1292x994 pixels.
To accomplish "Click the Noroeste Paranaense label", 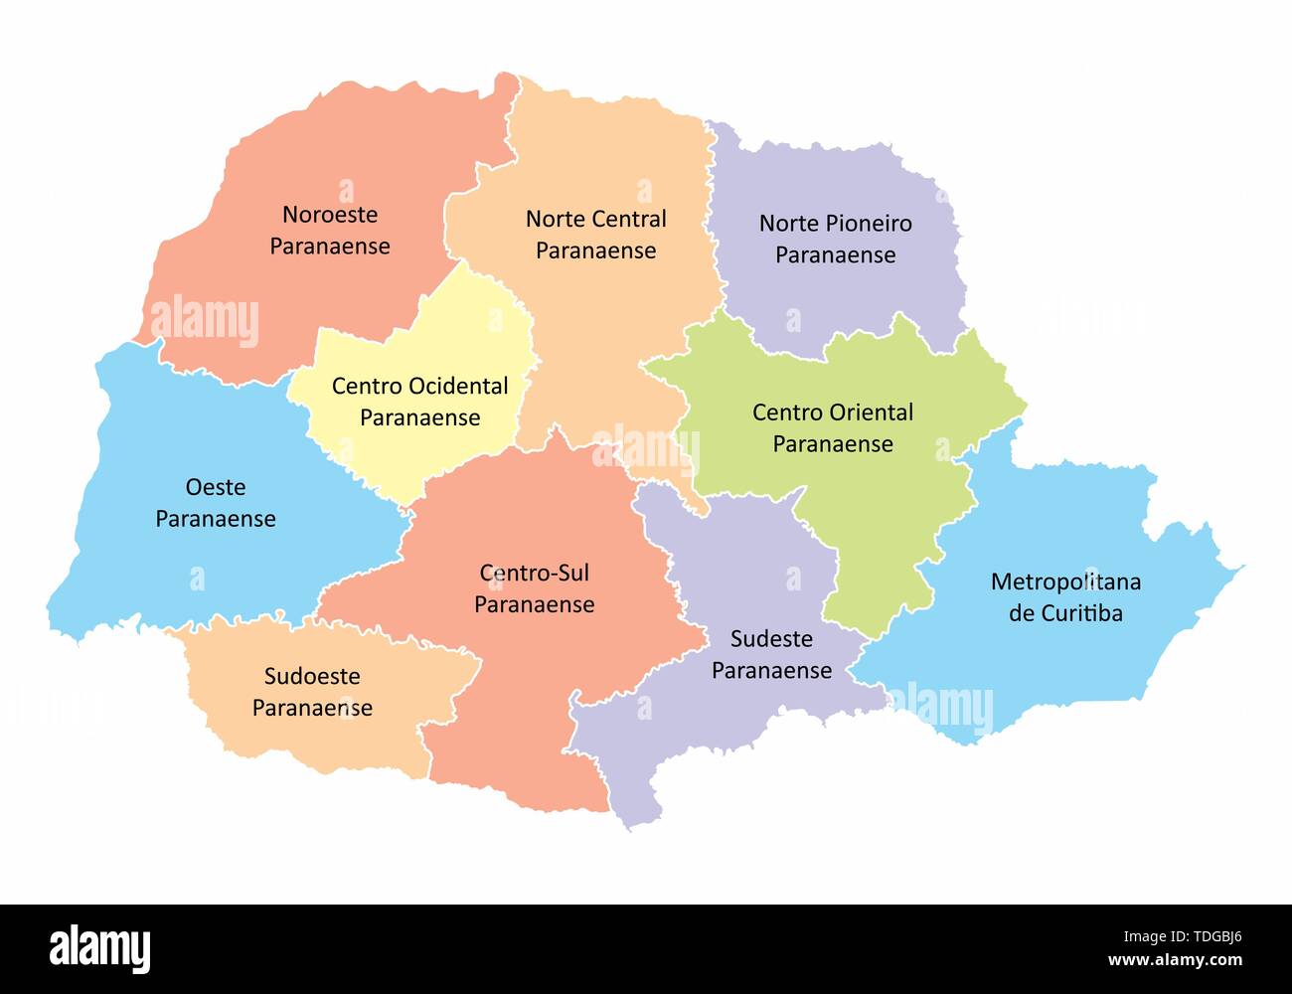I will tap(330, 230).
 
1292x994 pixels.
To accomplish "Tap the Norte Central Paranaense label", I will tap(595, 234).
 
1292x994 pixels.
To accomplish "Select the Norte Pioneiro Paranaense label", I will tap(835, 239).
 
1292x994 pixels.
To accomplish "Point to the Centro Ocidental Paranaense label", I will tap(419, 402).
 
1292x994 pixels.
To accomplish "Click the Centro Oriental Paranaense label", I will tap(833, 427).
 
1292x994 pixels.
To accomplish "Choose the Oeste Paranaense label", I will tap(216, 502).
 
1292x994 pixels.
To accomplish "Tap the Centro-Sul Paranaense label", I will tap(534, 588).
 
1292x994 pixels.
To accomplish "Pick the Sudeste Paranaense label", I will tap(771, 654).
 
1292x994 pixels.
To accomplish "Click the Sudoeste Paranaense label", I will tap(312, 692).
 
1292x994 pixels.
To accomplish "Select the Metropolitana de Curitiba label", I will tap(1065, 596).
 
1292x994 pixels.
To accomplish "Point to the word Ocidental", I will tap(458, 386).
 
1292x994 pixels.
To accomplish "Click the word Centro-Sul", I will tap(534, 573).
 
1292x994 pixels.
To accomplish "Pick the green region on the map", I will tap(875, 517).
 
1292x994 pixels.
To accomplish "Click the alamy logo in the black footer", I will tap(99, 948).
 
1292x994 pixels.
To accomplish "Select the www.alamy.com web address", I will tap(1175, 960).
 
